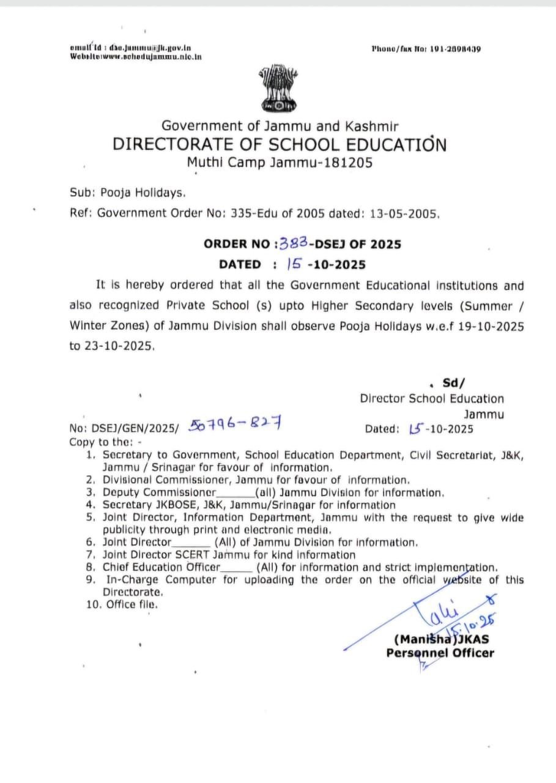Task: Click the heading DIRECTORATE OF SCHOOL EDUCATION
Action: [x=280, y=145]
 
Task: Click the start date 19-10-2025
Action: [x=491, y=326]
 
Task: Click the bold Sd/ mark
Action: [x=453, y=384]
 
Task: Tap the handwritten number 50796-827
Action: [x=235, y=423]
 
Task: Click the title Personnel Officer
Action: [x=440, y=653]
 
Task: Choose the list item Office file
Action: [x=132, y=604]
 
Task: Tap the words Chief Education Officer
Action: [x=161, y=567]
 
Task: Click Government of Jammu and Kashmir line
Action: [x=280, y=126]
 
